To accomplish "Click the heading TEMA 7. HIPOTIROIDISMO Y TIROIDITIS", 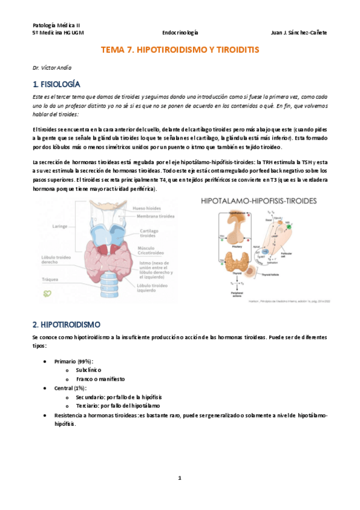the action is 180,51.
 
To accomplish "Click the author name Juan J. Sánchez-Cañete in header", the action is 299,33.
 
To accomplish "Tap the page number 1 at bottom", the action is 180,478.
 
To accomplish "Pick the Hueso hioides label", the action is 148,208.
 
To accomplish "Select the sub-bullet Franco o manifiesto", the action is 100,379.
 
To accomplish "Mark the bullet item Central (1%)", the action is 70,389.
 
